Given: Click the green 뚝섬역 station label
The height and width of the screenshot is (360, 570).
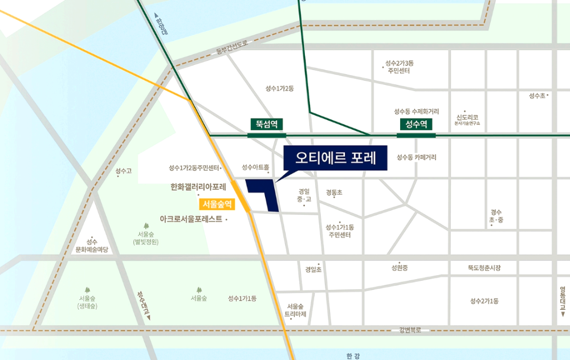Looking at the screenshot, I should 266,124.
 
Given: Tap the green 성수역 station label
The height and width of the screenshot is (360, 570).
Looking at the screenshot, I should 416,124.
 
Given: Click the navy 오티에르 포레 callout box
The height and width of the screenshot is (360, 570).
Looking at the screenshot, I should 335,158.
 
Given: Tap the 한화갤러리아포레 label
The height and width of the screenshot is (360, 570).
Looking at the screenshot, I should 198,187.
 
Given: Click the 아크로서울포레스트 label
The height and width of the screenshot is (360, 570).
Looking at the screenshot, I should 191,219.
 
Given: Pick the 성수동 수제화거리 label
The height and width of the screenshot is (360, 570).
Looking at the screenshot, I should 416,112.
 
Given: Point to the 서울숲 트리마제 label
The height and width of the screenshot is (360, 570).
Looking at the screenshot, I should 296,310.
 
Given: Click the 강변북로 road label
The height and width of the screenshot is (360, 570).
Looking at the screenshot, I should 410,330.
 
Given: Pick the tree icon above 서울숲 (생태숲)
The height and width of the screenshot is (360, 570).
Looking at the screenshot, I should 87,290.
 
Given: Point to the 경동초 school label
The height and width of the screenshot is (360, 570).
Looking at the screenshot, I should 335,193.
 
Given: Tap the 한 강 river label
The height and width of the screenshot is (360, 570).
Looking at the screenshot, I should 353,356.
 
